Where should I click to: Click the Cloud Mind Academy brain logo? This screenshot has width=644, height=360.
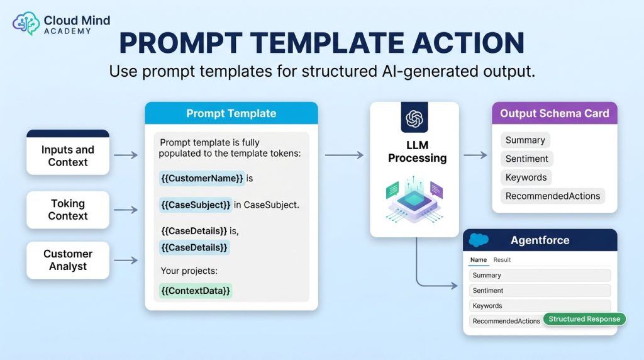coord(26,23)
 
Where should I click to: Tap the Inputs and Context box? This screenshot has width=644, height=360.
coord(68,152)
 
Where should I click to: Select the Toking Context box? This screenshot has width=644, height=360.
coord(68,210)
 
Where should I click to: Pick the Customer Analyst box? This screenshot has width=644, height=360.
coord(68,260)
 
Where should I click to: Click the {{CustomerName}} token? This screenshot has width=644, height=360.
coord(202,178)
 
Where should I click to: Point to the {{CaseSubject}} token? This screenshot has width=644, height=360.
coord(196,205)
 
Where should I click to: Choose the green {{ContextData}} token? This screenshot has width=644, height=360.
coord(196,291)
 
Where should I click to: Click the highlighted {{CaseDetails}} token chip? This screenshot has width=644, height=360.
coord(194,247)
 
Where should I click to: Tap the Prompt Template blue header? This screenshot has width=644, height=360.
coord(231,113)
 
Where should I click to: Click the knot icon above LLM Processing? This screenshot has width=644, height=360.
coord(414,119)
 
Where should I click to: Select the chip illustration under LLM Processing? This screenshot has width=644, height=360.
coord(414,200)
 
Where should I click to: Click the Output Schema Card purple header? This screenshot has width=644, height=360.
coord(555,113)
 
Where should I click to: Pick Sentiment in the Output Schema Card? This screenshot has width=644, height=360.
coord(527,159)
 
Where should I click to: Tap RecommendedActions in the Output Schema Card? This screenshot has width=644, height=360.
coord(553,196)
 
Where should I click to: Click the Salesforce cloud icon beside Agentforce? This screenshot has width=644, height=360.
coord(479,240)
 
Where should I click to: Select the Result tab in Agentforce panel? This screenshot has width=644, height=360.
coord(502,260)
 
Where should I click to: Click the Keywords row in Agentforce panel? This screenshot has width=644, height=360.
coord(540,306)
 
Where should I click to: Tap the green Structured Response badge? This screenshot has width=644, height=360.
coord(584,319)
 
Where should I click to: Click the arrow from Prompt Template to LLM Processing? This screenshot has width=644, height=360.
coord(344,155)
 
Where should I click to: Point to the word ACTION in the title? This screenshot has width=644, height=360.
coord(468,43)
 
